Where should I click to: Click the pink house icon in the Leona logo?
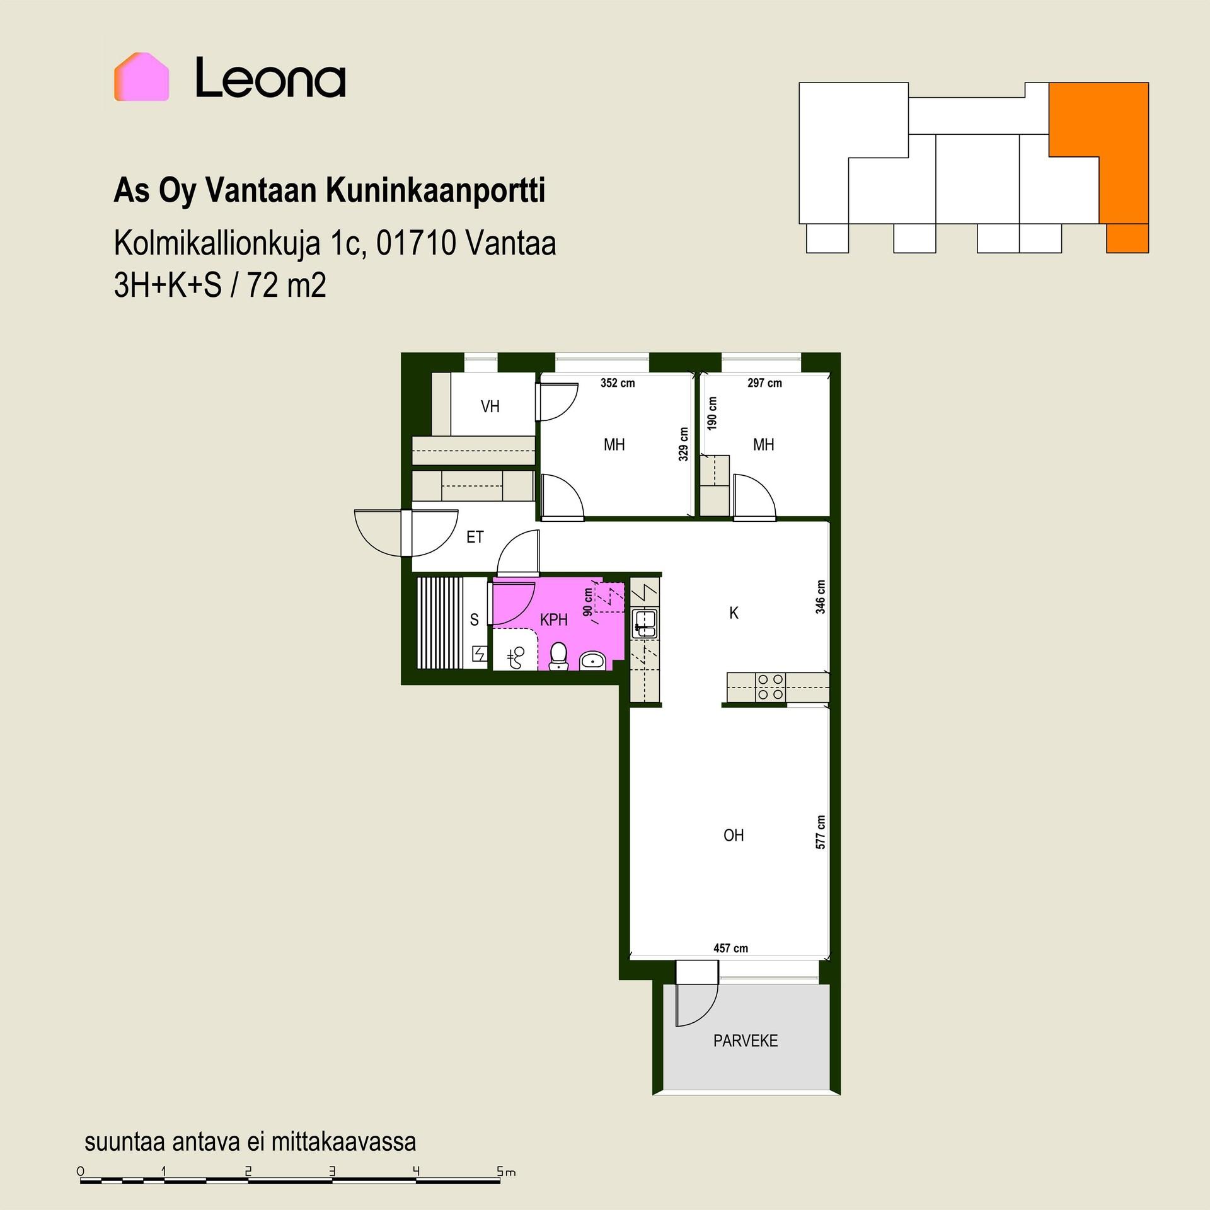click(x=141, y=77)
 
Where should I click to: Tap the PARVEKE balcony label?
click(x=746, y=1040)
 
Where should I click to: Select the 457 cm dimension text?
click(x=730, y=948)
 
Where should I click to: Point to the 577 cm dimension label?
click(x=821, y=832)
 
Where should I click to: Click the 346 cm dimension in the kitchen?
click(x=821, y=597)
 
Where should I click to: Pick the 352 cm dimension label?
click(x=618, y=383)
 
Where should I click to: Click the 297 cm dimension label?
click(x=764, y=383)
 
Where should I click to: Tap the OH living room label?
click(x=734, y=836)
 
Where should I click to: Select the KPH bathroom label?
click(x=554, y=620)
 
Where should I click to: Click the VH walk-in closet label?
click(x=490, y=406)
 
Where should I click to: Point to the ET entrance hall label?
click(x=475, y=537)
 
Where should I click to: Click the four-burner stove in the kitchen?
click(x=771, y=687)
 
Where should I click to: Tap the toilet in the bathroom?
click(x=558, y=656)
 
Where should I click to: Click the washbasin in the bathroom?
click(x=592, y=660)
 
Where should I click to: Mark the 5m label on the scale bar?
click(x=506, y=1172)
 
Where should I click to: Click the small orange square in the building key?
click(x=1127, y=238)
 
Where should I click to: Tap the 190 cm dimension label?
click(x=713, y=413)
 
